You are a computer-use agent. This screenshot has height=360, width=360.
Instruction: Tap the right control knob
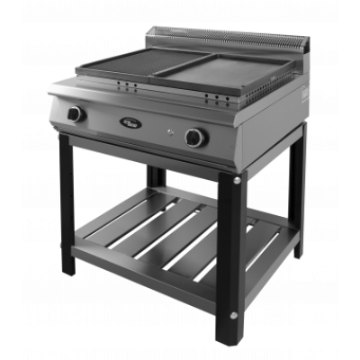pyautogui.click(x=194, y=138)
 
